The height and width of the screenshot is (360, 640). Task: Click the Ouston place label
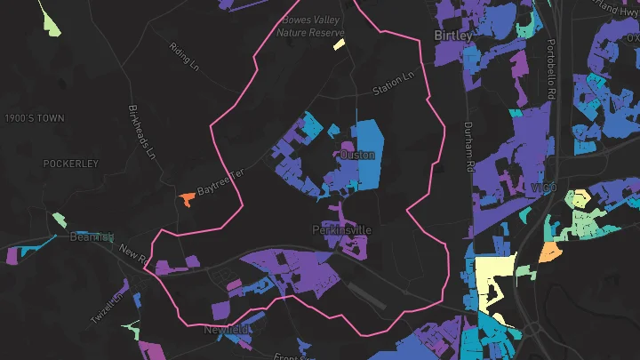358,155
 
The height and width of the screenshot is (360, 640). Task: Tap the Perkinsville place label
341,230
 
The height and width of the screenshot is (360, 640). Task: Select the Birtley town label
453,36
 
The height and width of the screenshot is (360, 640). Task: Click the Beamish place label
92,237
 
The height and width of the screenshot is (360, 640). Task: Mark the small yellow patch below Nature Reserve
339,44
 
